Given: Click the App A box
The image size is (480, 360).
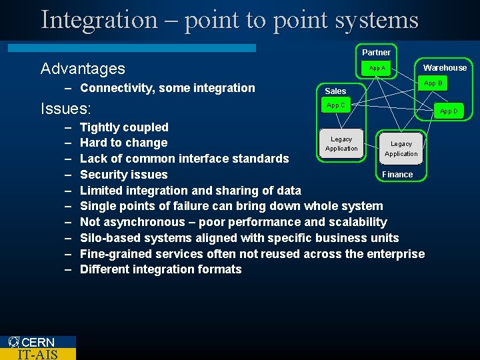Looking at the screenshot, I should click(377, 69).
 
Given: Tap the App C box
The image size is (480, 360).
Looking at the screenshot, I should click(336, 105).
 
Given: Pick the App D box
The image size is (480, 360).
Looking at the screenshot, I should click(449, 111).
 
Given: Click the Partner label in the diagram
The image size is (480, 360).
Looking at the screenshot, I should click(376, 52).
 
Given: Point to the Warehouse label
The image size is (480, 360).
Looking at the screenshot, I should click(445, 67).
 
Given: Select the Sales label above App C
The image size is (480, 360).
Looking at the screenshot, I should click(335, 91).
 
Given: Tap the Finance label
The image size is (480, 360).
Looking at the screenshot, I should click(397, 175).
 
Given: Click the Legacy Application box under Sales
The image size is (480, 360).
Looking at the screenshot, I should click(341, 143).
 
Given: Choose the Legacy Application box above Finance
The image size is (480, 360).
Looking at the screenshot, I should click(401, 148).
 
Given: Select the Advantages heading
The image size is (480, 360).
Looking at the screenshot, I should click(83, 69).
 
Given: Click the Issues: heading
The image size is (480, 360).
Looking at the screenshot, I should click(66, 109).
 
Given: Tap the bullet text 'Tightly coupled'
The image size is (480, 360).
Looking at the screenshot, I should click(124, 127).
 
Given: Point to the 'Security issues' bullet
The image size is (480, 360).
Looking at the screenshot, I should click(123, 175).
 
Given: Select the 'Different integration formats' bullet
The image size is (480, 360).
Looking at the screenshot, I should click(161, 269).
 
